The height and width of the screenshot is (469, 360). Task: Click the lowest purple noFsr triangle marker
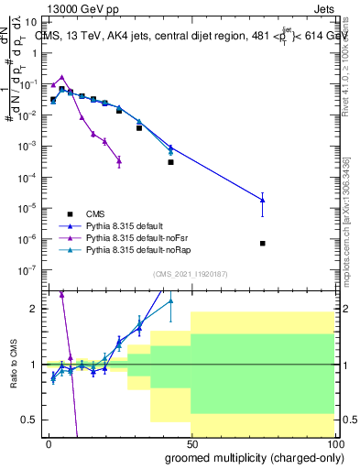119,160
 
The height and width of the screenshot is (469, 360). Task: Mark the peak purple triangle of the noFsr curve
61,78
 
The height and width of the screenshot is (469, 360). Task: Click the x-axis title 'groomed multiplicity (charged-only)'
249,455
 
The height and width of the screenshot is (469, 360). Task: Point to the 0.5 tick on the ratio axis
31,420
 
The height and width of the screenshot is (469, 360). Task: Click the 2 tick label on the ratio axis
35,309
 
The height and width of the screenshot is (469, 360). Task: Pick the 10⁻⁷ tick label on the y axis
27,269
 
